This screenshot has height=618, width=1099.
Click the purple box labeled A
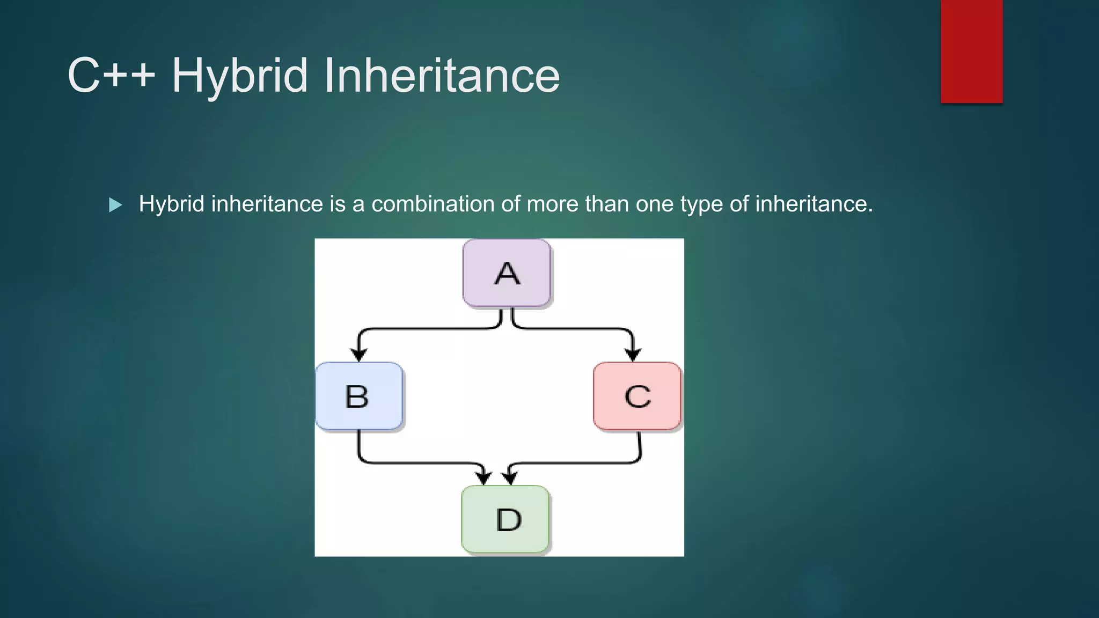pyautogui.click(x=507, y=274)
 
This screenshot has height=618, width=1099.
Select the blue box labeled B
pyautogui.click(x=358, y=396)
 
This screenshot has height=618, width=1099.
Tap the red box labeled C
pyautogui.click(x=637, y=396)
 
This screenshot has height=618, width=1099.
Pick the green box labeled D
pyautogui.click(x=505, y=519)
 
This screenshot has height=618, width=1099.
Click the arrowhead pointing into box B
pyautogui.click(x=358, y=354)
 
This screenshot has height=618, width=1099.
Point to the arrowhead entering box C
pyautogui.click(x=633, y=354)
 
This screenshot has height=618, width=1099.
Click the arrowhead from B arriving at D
pyautogui.click(x=484, y=477)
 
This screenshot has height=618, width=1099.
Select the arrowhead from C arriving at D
pyautogui.click(x=509, y=477)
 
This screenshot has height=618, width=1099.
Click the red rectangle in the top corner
pyautogui.click(x=971, y=51)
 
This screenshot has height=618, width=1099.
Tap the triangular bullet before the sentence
pyautogui.click(x=115, y=205)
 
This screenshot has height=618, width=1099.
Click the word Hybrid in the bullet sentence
pyautogui.click(x=171, y=204)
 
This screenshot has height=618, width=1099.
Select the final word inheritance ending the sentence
pyautogui.click(x=814, y=204)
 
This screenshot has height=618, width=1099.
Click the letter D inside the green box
pyautogui.click(x=508, y=520)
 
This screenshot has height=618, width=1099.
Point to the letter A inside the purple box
pyautogui.click(x=507, y=274)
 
